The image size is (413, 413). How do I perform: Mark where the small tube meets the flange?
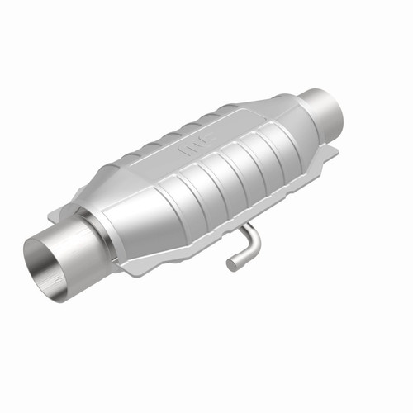[246, 226]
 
